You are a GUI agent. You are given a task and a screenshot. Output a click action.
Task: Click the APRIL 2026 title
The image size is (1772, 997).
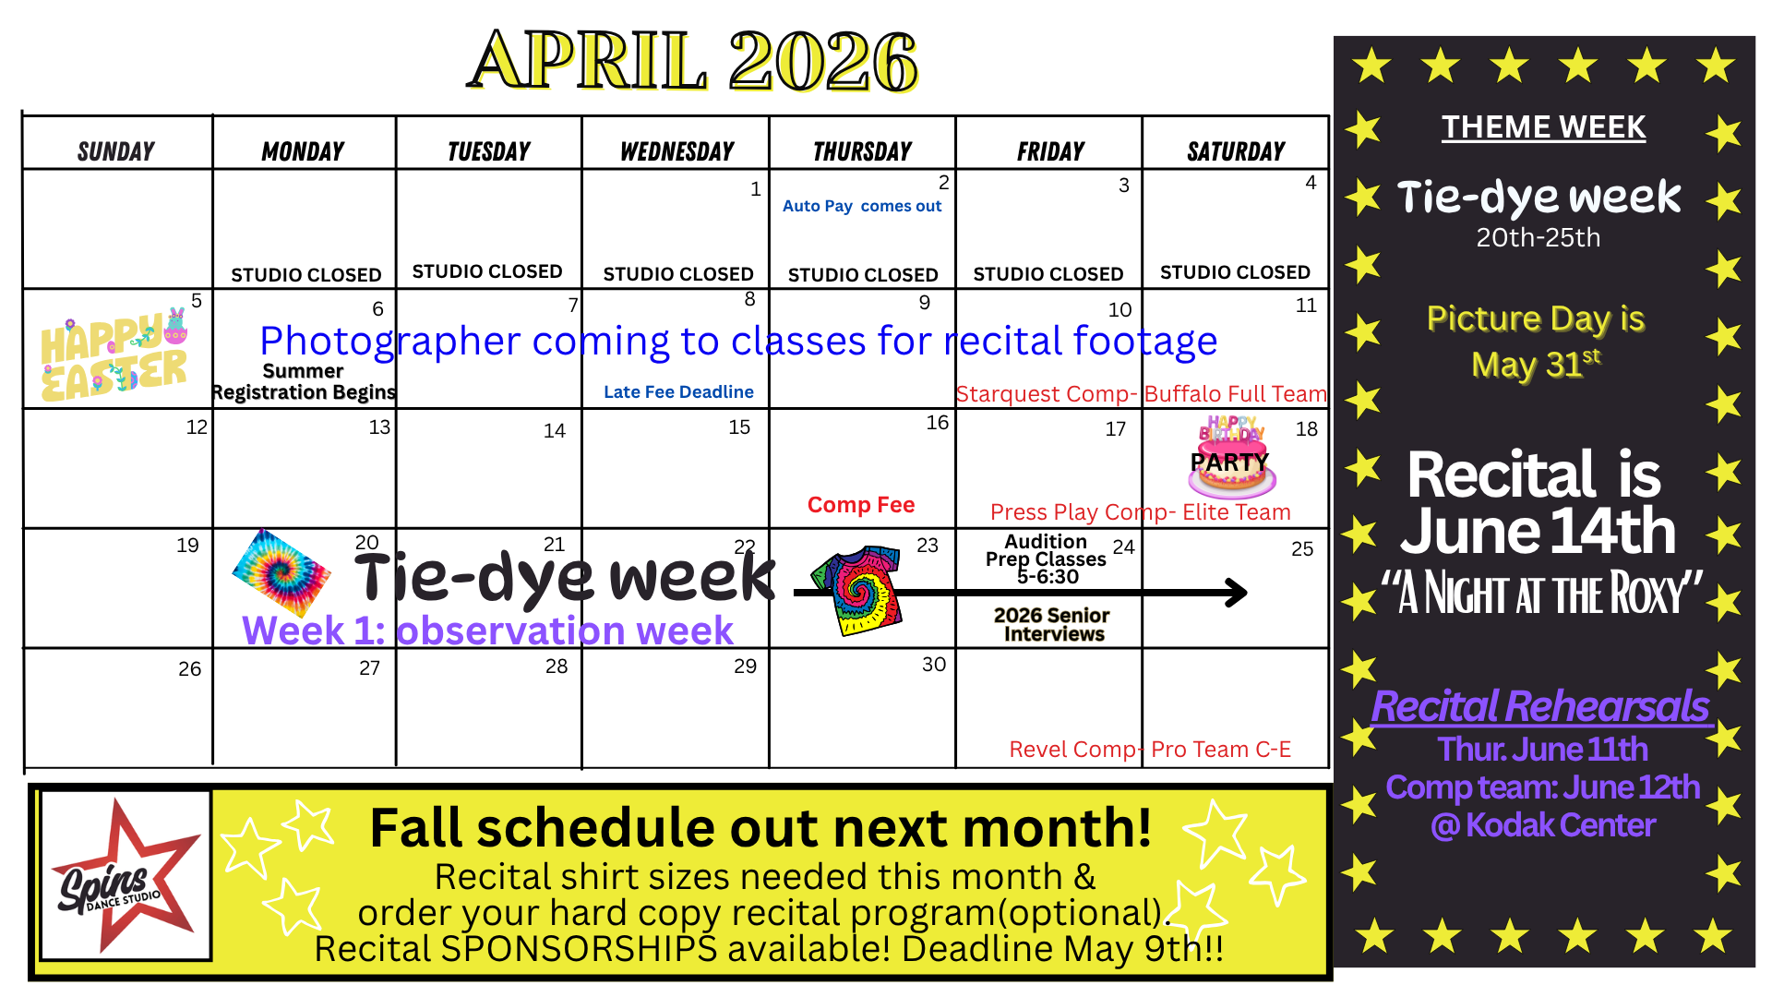[692, 61]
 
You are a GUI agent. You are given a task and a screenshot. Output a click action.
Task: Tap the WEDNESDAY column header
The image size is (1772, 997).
[676, 151]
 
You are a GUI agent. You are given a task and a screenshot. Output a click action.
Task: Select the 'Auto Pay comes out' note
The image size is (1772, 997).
[862, 206]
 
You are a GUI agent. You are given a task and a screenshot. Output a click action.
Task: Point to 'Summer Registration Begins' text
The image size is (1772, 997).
[304, 381]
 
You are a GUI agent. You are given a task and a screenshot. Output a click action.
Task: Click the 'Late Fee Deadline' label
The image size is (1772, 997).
[678, 392]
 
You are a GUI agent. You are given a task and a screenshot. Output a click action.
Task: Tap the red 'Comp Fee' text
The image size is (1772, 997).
[861, 505]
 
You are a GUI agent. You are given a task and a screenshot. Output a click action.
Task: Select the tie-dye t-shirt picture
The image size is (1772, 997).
[856, 589]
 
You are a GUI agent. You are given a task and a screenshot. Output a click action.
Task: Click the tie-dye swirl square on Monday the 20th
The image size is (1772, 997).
[281, 573]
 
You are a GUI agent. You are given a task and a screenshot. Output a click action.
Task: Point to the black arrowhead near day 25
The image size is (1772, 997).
[1236, 592]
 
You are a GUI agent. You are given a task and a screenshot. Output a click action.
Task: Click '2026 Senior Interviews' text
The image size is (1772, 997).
[1053, 624]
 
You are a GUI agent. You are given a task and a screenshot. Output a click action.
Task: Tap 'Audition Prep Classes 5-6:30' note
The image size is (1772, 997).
[1046, 559]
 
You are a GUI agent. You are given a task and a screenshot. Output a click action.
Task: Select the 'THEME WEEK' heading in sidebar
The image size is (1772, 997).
[1543, 127]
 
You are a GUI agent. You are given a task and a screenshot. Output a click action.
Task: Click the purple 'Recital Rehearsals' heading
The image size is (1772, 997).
[1540, 706]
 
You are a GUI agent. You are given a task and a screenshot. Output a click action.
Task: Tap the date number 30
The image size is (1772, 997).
[934, 665]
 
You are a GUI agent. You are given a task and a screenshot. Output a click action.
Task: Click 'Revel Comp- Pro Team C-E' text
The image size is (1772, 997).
[1150, 750]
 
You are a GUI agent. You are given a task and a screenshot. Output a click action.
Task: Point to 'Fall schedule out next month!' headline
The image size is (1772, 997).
[760, 827]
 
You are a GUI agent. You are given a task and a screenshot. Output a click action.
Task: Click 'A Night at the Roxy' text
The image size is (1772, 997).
[1542, 594]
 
